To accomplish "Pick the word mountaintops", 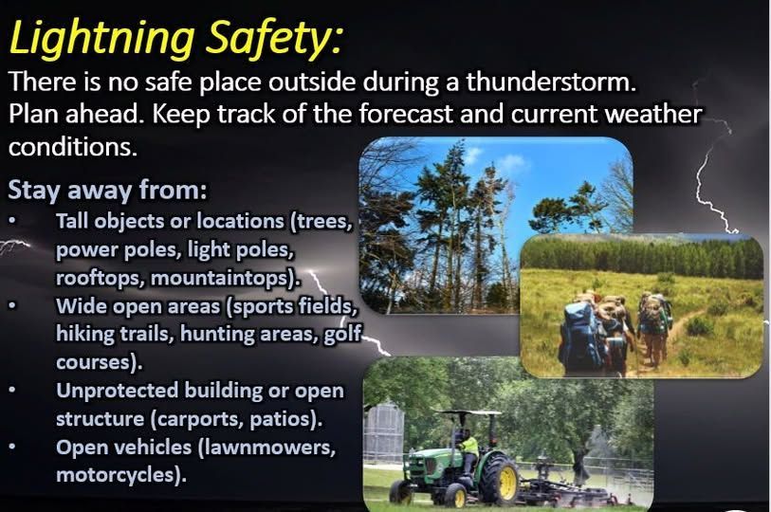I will (x=242, y=279).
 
